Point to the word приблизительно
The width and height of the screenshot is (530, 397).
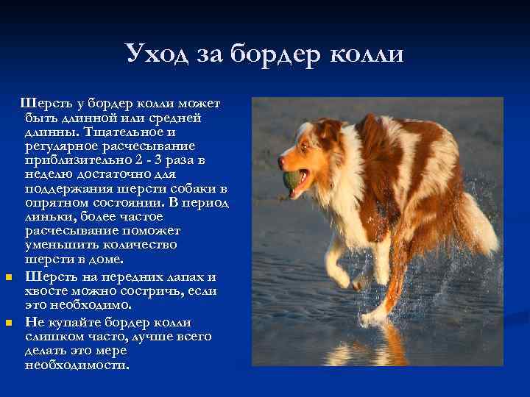(x=72, y=160)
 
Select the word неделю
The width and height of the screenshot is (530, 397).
(x=49, y=174)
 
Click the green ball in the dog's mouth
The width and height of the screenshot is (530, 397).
(x=292, y=179)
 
